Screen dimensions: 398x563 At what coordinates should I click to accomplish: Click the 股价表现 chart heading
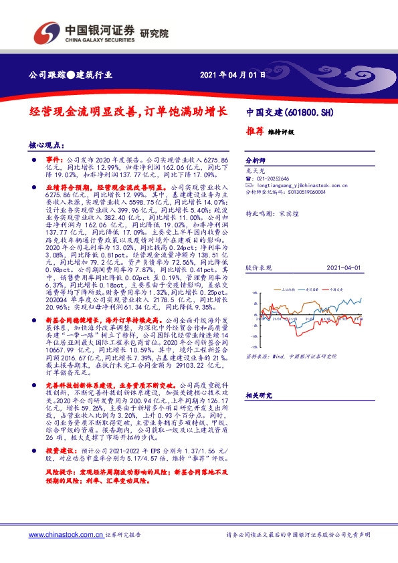(x=258, y=267)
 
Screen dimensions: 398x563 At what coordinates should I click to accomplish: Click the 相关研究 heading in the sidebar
(x=258, y=396)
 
